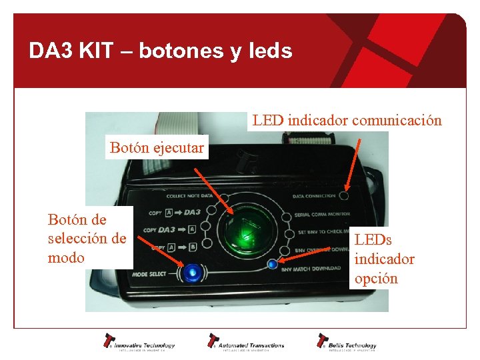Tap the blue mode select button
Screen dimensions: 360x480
193,273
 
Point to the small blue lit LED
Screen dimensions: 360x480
271,264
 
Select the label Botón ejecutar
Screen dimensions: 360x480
157,147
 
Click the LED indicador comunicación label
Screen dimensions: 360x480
346,120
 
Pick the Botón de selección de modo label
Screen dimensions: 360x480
87,238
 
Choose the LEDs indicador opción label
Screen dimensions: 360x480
384,258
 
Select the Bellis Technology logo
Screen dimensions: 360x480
347,342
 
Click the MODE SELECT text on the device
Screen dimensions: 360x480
149,274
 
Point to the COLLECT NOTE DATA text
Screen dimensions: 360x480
189,196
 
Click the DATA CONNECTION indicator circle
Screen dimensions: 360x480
344,196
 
